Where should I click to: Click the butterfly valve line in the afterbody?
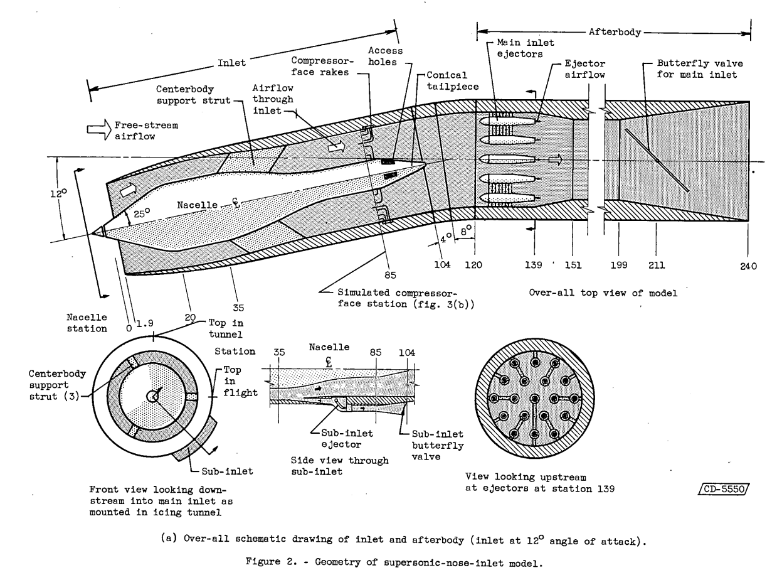tap(657, 159)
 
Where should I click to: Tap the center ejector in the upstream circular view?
tap(533, 399)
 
